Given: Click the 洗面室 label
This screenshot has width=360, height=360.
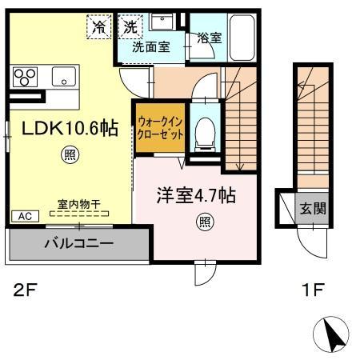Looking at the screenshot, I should (x=150, y=47).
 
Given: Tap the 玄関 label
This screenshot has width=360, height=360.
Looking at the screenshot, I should (x=312, y=210).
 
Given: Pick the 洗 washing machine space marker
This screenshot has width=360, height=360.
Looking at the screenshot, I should (x=130, y=26).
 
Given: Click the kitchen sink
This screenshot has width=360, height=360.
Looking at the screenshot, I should (x=62, y=77).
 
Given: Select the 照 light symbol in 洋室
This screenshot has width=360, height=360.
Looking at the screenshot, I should (x=205, y=222).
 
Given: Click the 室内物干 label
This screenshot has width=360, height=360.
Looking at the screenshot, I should (x=78, y=206).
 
